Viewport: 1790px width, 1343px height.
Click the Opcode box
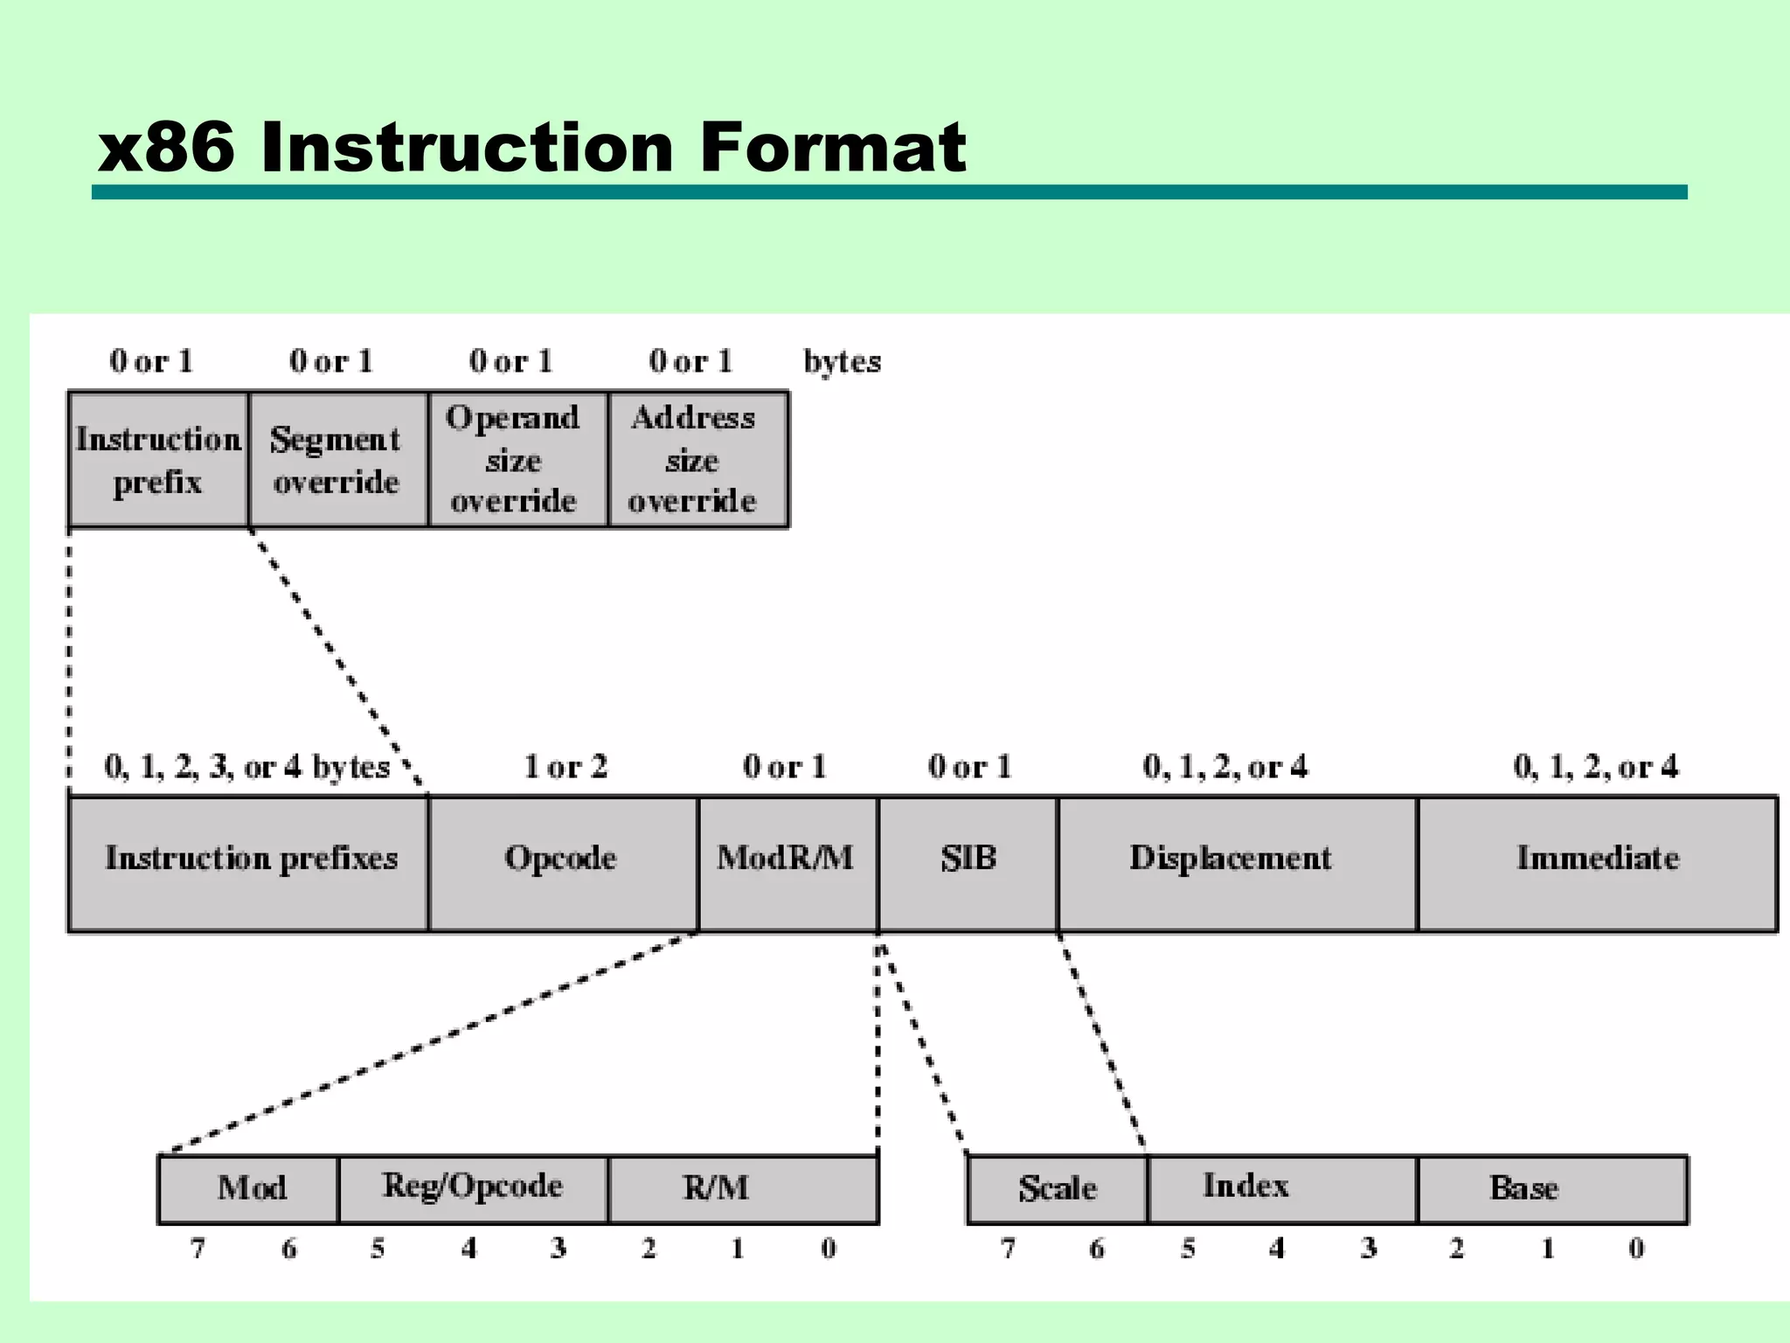(563, 863)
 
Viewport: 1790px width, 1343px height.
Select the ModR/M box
(787, 863)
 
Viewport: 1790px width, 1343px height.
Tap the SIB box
(968, 863)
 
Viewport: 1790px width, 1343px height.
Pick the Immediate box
(1597, 863)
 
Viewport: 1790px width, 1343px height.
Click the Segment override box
(337, 460)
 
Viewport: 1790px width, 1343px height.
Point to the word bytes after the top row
(842, 361)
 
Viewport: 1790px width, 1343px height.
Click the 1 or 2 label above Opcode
(565, 767)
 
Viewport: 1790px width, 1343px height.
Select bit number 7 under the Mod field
(198, 1249)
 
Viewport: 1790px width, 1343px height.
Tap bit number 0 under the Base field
(1636, 1249)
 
